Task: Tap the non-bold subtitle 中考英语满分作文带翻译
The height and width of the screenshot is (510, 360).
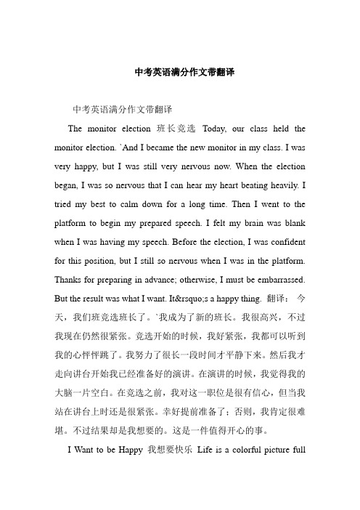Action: pos(122,110)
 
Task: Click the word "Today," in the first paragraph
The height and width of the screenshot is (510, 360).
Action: pos(219,129)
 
